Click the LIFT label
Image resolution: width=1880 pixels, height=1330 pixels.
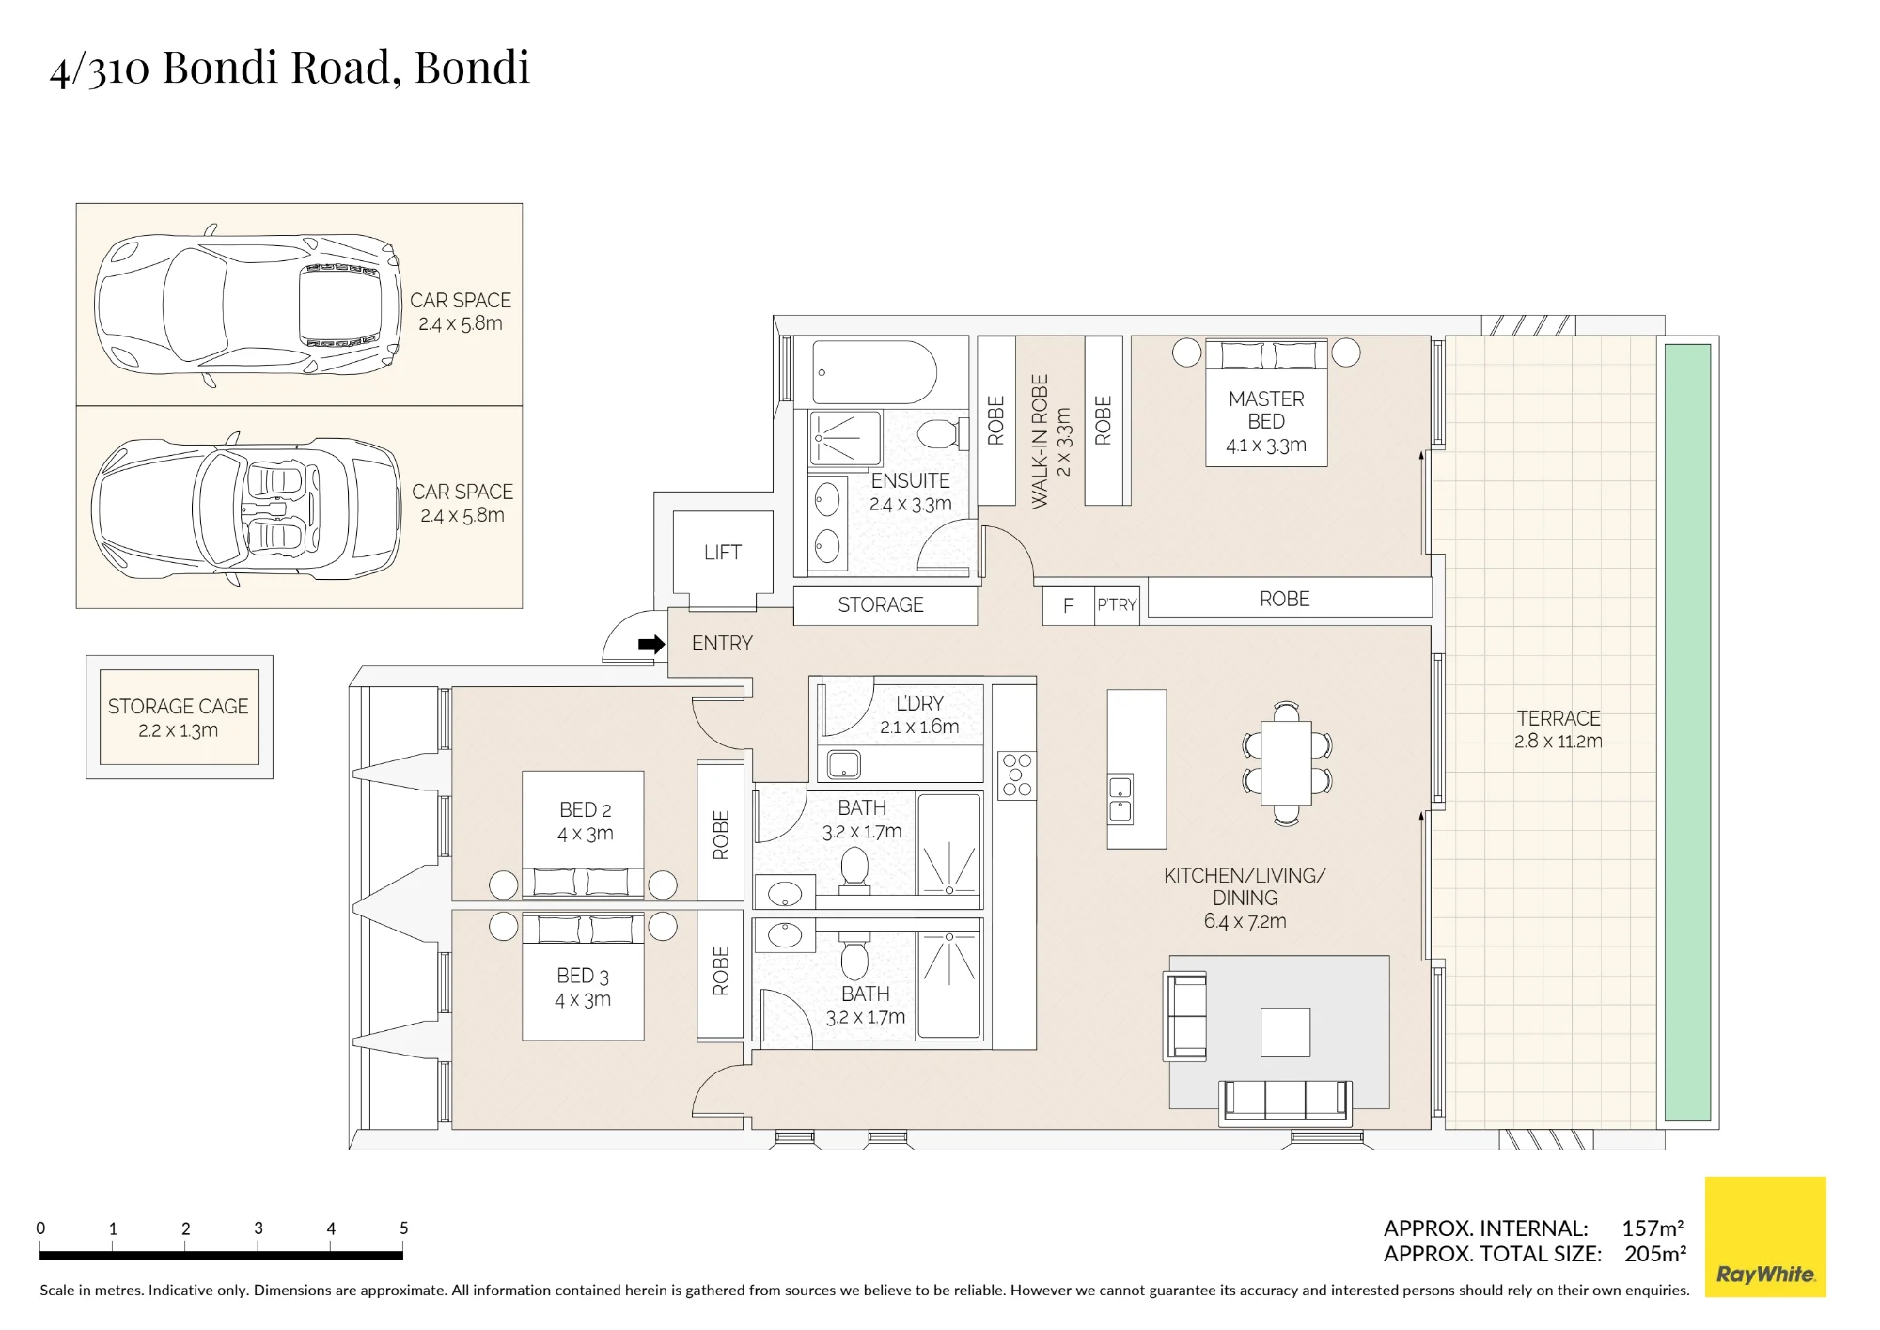(723, 553)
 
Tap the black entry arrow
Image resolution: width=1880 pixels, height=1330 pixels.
(651, 644)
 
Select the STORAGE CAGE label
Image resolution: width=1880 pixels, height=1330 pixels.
(179, 706)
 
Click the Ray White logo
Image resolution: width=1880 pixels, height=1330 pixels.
(1765, 1237)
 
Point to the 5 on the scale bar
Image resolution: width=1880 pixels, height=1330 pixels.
(404, 1228)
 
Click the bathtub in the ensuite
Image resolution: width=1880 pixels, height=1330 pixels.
(874, 372)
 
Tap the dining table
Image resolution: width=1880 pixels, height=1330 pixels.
(1286, 762)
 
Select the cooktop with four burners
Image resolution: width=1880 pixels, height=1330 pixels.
(1016, 775)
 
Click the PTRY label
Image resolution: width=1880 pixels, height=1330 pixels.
(1118, 604)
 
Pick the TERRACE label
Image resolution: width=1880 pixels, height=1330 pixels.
(1559, 718)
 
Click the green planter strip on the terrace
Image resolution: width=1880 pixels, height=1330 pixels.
(1687, 732)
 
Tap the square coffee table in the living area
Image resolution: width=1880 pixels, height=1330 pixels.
(1285, 1032)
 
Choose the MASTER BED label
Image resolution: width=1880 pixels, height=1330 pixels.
(1266, 410)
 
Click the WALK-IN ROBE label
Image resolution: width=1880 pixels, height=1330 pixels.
(1040, 442)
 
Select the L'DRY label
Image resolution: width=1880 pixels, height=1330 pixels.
(919, 703)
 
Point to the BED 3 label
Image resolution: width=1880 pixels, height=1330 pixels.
(583, 976)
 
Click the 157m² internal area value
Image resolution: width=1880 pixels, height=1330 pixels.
(1653, 1228)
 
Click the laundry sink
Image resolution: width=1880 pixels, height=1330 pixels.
(844, 765)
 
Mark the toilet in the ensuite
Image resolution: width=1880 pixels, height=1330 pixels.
(939, 434)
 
